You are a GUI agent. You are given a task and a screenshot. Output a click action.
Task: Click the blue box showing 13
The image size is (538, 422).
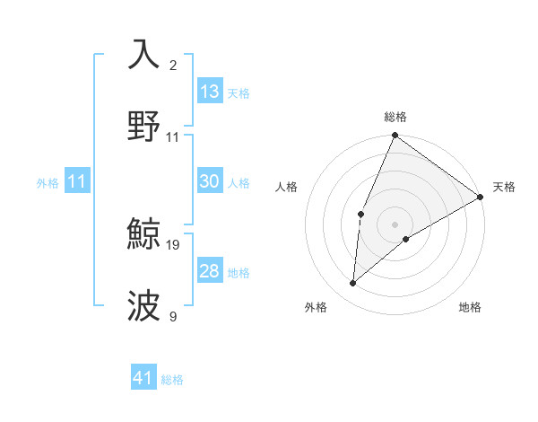click(210, 92)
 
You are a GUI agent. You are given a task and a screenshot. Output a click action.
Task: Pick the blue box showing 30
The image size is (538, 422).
click(210, 181)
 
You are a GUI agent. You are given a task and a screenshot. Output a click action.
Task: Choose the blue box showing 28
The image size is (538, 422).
click(210, 271)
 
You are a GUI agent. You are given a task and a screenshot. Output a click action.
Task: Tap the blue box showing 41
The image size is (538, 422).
click(144, 378)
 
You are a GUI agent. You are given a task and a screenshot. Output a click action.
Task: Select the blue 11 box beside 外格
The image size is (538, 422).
click(77, 181)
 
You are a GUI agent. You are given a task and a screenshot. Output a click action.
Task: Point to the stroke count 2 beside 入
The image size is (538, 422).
click(173, 66)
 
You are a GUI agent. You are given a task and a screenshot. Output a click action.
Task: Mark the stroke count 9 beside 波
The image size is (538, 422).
click(173, 316)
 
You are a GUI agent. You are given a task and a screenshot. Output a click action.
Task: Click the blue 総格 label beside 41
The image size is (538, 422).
click(172, 380)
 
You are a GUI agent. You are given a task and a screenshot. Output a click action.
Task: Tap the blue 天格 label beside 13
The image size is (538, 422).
click(238, 93)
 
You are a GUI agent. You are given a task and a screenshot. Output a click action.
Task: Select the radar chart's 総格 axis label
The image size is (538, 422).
click(395, 117)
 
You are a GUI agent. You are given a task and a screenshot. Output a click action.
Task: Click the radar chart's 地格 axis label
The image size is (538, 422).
click(470, 308)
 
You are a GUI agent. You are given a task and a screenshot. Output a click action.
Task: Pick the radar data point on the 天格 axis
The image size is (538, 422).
click(481, 198)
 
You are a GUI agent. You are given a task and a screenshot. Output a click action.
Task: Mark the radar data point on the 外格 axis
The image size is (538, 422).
click(353, 284)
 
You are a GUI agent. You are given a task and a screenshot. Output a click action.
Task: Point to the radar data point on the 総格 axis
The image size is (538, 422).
click(395, 136)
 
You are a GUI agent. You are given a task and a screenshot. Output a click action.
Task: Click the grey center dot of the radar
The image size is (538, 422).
click(395, 224)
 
